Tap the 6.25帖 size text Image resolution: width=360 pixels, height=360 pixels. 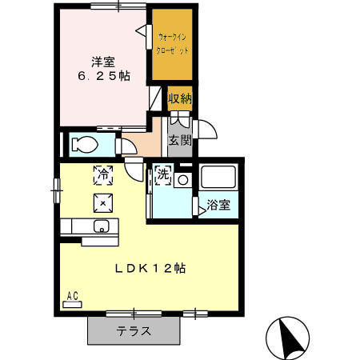pos(102,76)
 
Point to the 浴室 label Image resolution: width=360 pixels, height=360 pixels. pos(218,205)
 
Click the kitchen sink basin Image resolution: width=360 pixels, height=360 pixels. pos(102,226)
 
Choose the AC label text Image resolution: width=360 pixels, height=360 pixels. pos(73,295)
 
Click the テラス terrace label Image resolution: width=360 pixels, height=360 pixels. pos(134,330)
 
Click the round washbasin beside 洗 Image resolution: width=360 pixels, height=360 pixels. pos(183,180)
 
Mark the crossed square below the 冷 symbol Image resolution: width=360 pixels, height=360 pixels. pos(103,201)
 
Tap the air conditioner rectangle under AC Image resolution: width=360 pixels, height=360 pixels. pos(73,304)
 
